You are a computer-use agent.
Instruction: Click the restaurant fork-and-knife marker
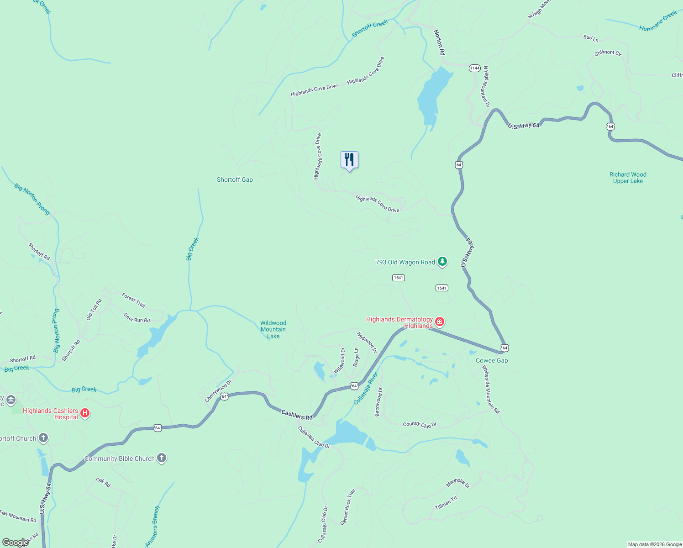349,160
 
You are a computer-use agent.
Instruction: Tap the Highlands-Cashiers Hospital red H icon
84,413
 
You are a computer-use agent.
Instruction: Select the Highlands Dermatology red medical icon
440,322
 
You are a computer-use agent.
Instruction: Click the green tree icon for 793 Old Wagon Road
442,262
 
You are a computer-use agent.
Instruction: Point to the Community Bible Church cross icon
162,458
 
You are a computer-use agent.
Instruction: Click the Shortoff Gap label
235,180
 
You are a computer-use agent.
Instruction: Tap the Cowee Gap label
492,360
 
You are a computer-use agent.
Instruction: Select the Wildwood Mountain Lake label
273,329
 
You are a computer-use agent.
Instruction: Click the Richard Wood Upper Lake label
628,178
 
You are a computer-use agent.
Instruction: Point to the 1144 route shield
475,68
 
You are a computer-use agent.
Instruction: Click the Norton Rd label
439,42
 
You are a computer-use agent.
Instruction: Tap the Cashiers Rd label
297,415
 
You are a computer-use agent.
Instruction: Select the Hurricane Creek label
658,21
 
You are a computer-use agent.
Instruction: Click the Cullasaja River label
366,388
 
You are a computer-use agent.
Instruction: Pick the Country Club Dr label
420,424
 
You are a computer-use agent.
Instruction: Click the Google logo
15,543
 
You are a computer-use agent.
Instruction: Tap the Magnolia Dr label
458,483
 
